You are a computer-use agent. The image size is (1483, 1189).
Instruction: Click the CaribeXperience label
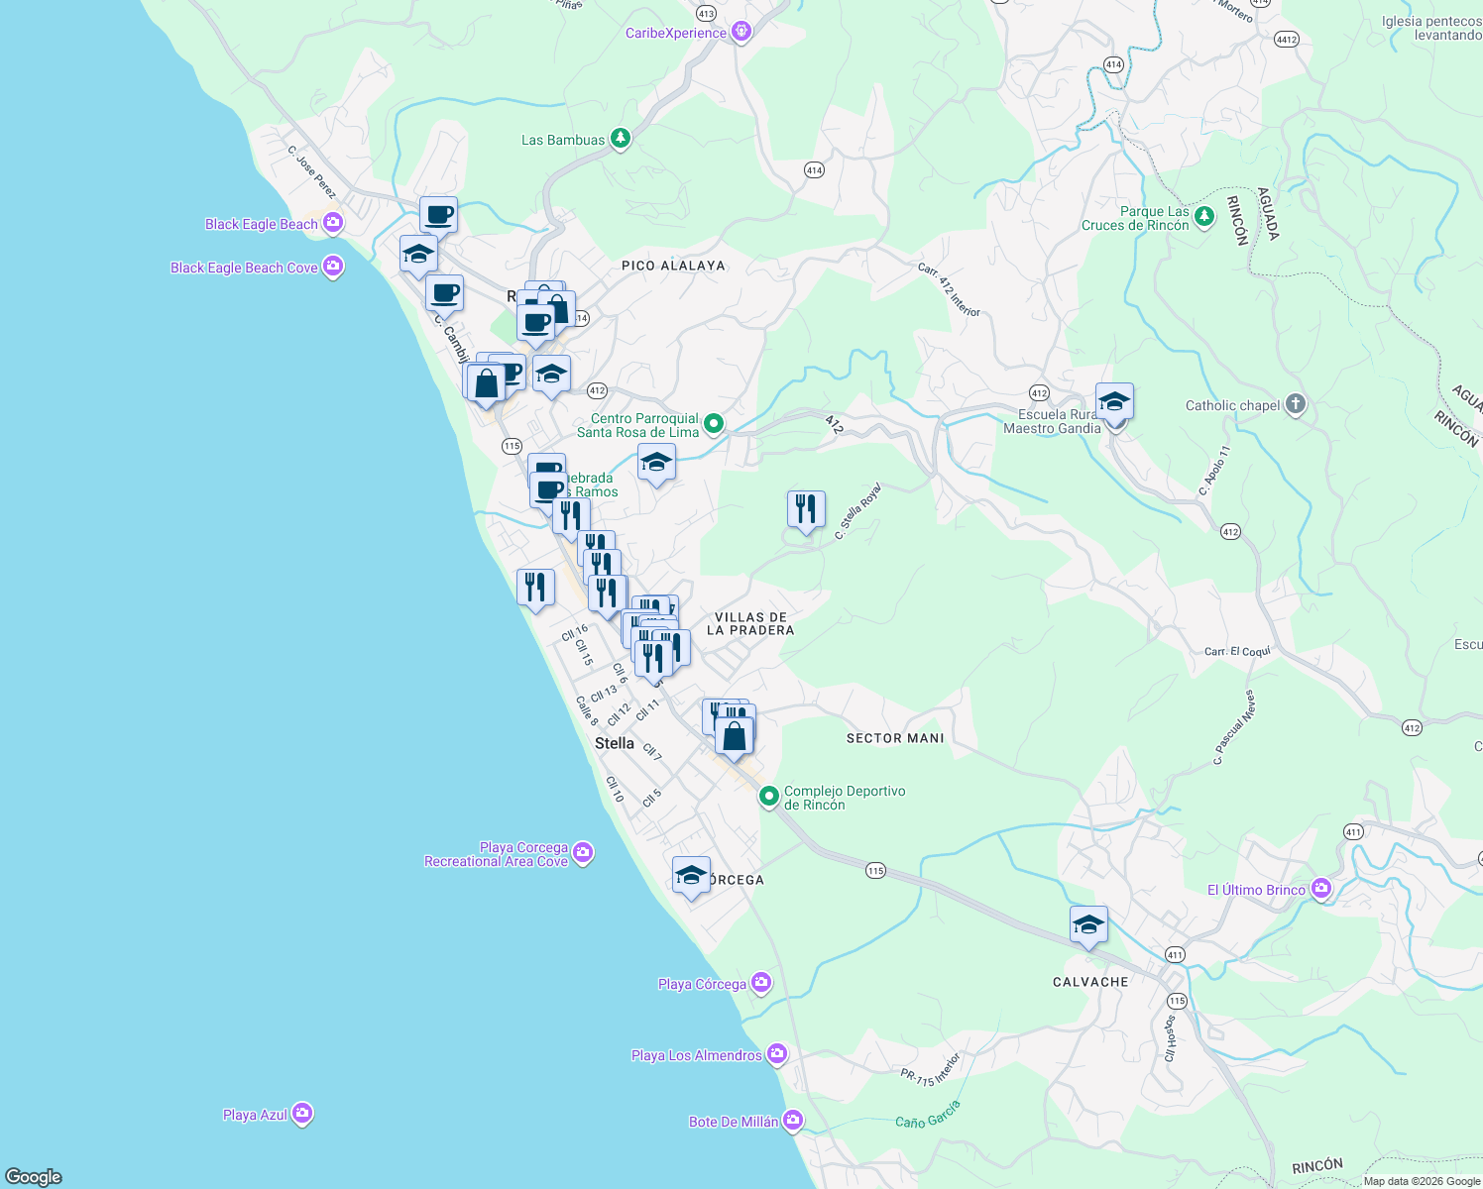676,34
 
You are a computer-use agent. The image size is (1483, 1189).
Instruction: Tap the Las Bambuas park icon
621,139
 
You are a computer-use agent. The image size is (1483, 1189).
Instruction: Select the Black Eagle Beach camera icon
332,223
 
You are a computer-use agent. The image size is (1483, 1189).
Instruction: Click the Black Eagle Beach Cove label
244,268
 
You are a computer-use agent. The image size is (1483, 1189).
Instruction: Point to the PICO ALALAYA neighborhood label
673,266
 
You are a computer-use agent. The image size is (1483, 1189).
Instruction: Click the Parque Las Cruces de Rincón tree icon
1204,215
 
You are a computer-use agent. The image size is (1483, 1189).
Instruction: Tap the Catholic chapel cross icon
1296,404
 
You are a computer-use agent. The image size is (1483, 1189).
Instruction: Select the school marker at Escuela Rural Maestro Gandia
1114,402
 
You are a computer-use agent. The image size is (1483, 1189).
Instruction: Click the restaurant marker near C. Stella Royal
806,509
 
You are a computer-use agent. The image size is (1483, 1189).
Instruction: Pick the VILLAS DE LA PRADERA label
750,623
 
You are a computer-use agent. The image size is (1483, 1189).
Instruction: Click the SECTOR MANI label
895,738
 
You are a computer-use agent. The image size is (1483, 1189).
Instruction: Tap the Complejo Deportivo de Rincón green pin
768,796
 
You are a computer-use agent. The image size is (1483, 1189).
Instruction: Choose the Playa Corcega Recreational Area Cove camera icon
583,852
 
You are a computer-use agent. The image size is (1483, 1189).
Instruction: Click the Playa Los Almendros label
696,1055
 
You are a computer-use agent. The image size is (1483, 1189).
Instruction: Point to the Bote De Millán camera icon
793,1121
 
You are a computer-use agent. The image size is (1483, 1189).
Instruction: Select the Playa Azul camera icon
302,1114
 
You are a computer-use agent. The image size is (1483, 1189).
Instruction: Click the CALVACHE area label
1090,982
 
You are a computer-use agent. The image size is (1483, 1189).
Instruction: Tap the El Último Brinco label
1256,890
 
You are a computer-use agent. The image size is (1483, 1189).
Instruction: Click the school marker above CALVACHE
1088,924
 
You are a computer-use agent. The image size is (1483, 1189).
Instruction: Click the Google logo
34,1176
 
